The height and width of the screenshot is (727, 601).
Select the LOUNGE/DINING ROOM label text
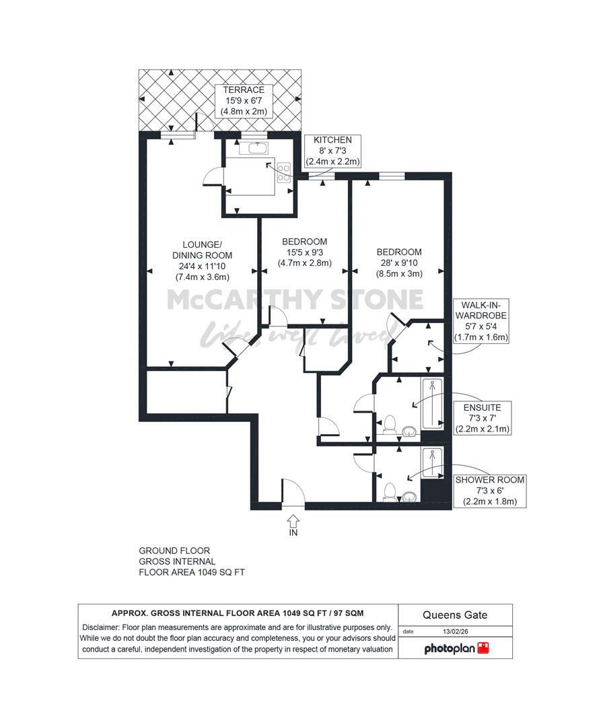[x=202, y=250]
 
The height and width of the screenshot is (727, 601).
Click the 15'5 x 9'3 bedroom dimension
[x=304, y=252]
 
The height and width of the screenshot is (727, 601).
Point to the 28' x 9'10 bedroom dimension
[x=399, y=263]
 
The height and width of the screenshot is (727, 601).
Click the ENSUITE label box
[x=483, y=418]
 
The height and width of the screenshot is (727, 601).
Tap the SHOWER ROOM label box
[x=490, y=491]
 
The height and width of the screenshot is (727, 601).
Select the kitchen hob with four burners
[x=283, y=172]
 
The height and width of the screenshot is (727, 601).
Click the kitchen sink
[x=254, y=148]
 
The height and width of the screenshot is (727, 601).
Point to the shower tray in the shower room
[x=432, y=463]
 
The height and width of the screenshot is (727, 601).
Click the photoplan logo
[x=456, y=648]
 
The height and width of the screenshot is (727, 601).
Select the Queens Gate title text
[x=455, y=615]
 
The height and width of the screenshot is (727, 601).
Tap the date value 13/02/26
[x=455, y=631]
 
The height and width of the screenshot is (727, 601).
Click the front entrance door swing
[x=293, y=492]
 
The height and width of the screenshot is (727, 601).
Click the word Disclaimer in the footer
[x=100, y=628]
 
